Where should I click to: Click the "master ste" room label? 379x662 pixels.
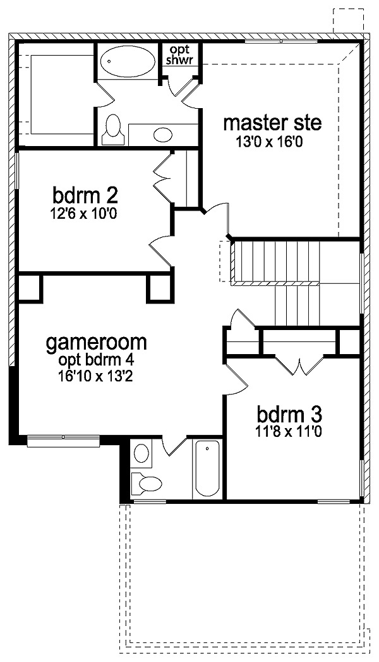point(272,123)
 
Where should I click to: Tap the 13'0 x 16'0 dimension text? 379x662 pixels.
point(270,142)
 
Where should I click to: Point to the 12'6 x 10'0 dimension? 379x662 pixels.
point(83,214)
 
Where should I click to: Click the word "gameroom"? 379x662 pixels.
point(97,343)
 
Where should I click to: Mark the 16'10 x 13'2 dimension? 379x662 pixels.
point(96,376)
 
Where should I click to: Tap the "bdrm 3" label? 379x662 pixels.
point(290,415)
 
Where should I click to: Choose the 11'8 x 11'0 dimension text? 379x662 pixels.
point(290,432)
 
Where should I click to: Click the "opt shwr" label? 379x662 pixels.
point(179,55)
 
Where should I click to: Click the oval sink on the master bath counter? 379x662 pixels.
point(163,135)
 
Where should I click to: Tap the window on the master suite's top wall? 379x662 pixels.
point(281,41)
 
